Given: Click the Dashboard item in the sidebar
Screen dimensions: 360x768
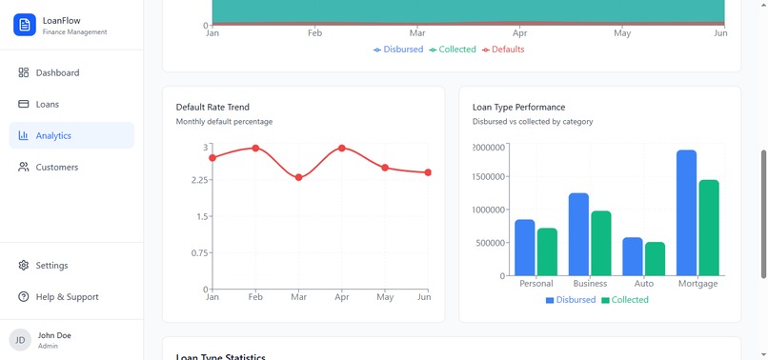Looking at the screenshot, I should [x=57, y=72].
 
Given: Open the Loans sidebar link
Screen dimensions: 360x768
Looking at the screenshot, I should [x=47, y=104].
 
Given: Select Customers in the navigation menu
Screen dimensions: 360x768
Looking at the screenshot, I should [x=56, y=167].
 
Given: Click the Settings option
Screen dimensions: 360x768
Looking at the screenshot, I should [x=51, y=266].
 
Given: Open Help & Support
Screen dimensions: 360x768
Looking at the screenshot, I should [x=67, y=297].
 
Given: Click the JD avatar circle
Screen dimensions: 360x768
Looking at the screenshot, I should [x=20, y=340].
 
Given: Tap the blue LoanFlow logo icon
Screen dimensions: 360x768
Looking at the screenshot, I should [x=25, y=25].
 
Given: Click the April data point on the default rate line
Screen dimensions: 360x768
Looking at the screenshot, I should [x=342, y=149].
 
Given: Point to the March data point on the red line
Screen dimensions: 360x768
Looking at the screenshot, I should [x=299, y=177].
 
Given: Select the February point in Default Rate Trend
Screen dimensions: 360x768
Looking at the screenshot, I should [x=255, y=148].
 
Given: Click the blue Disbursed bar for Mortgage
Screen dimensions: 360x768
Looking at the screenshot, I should [x=686, y=212].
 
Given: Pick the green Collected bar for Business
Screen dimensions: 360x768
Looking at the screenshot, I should [x=600, y=243].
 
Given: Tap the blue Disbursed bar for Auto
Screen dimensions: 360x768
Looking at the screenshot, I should [x=633, y=256].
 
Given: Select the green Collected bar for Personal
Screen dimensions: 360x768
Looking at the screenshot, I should [x=547, y=251].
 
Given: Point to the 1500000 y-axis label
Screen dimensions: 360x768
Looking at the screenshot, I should [x=490, y=177].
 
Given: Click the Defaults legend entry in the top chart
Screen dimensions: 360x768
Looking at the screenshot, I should [x=502, y=50].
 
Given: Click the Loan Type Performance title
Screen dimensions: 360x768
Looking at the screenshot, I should [x=518, y=108].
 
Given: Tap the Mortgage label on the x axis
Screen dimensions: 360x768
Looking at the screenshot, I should [x=697, y=284].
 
